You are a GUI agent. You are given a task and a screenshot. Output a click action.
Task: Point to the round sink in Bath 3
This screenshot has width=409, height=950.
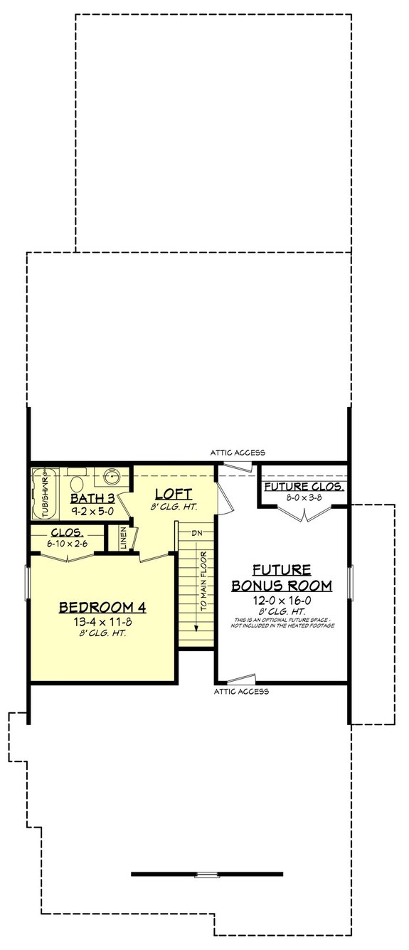pyautogui.click(x=112, y=476)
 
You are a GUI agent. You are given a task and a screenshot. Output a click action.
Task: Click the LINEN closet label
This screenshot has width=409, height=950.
pyautogui.click(x=123, y=538)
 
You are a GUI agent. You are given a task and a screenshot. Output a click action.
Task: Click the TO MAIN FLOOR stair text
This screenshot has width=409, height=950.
pyautogui.click(x=203, y=581)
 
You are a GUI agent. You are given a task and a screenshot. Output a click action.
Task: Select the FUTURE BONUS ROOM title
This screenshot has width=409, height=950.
pyautogui.click(x=282, y=577)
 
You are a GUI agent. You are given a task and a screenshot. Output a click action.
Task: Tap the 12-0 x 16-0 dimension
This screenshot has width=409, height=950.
pyautogui.click(x=282, y=599)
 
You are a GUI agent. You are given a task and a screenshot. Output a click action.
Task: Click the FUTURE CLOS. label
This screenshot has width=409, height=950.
pyautogui.click(x=304, y=487)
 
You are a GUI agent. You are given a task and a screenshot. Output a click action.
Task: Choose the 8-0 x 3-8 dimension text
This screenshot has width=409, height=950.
pyautogui.click(x=304, y=498)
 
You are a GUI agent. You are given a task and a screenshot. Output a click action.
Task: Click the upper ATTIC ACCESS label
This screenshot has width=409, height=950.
pyautogui.click(x=238, y=452)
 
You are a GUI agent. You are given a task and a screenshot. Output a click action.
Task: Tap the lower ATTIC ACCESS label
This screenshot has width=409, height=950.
pyautogui.click(x=241, y=691)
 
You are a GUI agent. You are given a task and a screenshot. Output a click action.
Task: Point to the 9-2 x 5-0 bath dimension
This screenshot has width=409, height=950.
pyautogui.click(x=95, y=510)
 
